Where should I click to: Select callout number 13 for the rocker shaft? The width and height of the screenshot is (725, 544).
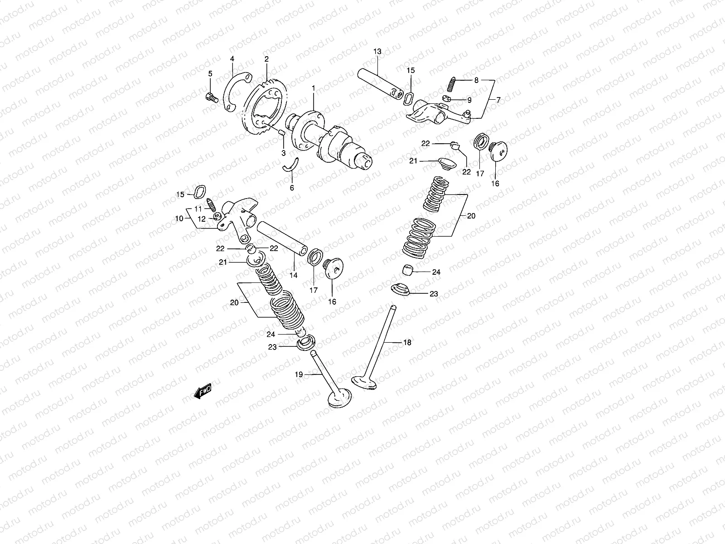click(x=377, y=52)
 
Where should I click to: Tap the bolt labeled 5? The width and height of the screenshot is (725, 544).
click(x=212, y=97)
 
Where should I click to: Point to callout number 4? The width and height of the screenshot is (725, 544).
click(x=232, y=58)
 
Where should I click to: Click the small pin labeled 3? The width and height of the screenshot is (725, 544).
click(x=281, y=132)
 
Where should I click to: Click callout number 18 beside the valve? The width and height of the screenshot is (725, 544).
click(x=407, y=343)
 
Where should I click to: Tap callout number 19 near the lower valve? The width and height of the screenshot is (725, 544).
click(x=299, y=374)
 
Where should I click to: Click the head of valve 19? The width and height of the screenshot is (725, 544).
click(x=338, y=399)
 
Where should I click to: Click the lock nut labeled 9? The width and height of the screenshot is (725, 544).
click(x=447, y=99)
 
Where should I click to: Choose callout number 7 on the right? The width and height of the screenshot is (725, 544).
click(x=498, y=100)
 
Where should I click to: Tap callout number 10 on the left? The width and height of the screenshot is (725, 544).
click(x=179, y=218)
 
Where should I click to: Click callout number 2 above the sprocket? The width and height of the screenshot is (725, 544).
click(x=266, y=59)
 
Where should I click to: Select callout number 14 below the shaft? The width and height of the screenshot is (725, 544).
click(x=294, y=275)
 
